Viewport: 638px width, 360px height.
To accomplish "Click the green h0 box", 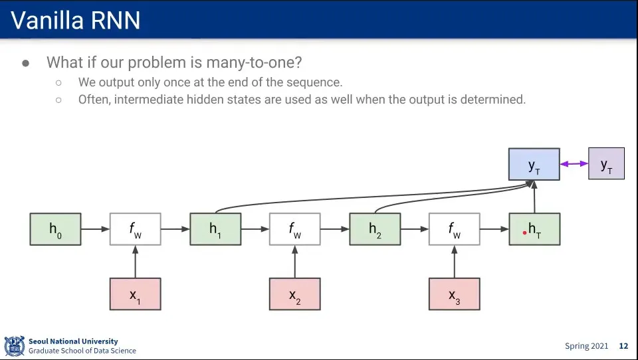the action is pyautogui.click(x=55, y=229).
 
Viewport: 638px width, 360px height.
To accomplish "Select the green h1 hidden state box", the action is pyautogui.click(x=215, y=229).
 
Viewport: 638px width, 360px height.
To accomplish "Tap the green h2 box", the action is pyautogui.click(x=375, y=229).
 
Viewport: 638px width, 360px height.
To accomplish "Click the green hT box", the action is pyautogui.click(x=534, y=229).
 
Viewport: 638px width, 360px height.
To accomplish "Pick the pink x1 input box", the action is pyautogui.click(x=135, y=294).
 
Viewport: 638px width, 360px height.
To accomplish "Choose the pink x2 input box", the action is pyautogui.click(x=294, y=294).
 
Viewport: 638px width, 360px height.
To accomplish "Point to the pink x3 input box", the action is pyautogui.click(x=454, y=294).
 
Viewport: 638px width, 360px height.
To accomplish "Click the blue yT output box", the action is pyautogui.click(x=534, y=164).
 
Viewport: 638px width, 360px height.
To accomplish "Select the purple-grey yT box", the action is pyautogui.click(x=606, y=163).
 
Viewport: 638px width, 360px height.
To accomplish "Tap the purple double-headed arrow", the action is pyautogui.click(x=574, y=163).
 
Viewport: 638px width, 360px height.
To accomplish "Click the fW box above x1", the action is pyautogui.click(x=135, y=229).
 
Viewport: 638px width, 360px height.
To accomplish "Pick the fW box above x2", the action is pyautogui.click(x=294, y=229).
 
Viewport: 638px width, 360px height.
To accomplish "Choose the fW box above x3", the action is pyautogui.click(x=454, y=229).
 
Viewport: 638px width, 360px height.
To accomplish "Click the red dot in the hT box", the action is pyautogui.click(x=525, y=232).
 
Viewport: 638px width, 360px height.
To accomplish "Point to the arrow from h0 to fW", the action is pyautogui.click(x=95, y=229).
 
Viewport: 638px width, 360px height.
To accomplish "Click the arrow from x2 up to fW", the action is pyautogui.click(x=294, y=262).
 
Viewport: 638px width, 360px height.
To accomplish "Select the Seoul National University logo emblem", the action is pyautogui.click(x=14, y=346).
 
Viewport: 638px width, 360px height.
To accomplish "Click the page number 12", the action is pyautogui.click(x=623, y=346).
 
